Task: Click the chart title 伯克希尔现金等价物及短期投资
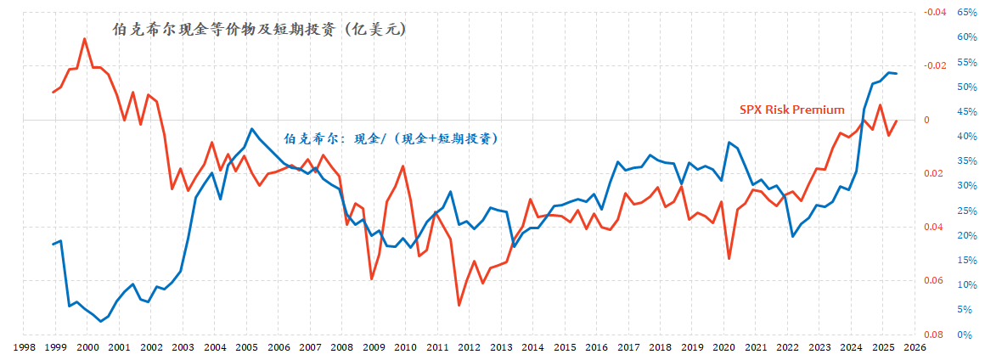point(260,30)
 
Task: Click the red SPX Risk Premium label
point(792,110)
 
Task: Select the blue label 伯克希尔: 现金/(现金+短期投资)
point(390,138)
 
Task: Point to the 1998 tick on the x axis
point(24,347)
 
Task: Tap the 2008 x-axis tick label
point(341,347)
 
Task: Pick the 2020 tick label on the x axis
point(723,347)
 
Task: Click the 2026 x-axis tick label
point(914,347)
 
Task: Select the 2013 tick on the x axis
point(501,347)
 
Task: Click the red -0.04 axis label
point(934,13)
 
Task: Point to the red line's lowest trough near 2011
point(459,305)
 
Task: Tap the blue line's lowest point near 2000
point(101,322)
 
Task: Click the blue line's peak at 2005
point(251,129)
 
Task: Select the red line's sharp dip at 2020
point(729,258)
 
